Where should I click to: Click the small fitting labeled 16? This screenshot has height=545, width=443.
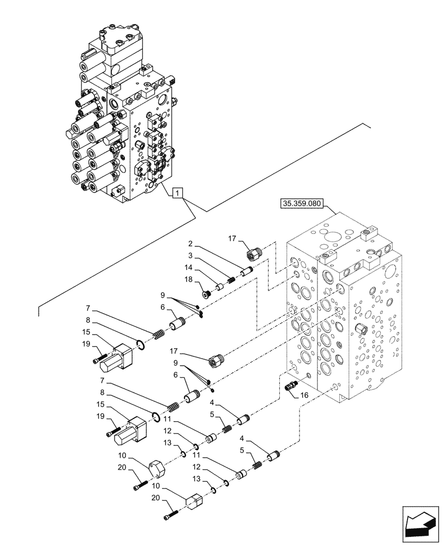point(291,386)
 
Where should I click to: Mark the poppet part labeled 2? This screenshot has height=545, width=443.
point(246,270)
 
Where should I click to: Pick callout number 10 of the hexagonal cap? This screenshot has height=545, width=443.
point(124,456)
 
